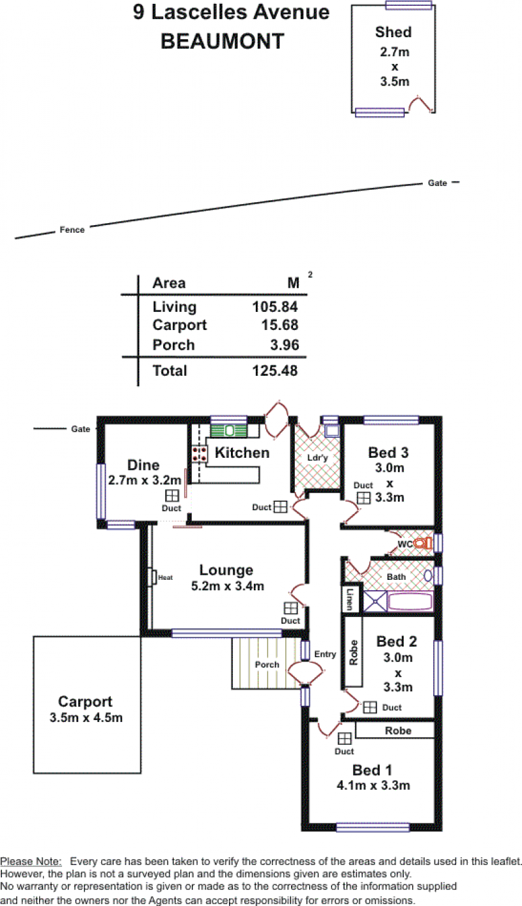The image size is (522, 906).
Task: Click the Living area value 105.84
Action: [275, 307]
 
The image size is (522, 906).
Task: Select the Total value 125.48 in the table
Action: [275, 370]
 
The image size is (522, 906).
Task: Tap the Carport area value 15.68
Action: [280, 325]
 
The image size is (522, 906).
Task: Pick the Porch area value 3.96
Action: [284, 345]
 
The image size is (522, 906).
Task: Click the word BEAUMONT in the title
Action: [223, 41]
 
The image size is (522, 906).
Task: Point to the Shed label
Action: [393, 32]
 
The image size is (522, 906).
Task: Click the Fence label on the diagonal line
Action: [72, 230]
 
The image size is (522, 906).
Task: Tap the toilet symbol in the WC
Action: [423, 543]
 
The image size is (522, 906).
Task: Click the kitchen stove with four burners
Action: [200, 454]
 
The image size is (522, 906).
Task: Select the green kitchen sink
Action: [229, 430]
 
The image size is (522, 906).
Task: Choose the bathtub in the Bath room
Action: [410, 601]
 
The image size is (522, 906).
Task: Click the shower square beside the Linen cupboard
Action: [375, 601]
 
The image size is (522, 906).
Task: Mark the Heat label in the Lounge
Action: [165, 577]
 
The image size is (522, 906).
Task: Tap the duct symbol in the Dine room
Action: [172, 496]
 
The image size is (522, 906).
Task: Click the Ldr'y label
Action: [317, 458]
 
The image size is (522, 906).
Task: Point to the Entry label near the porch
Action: [325, 654]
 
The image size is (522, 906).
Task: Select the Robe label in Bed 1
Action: [398, 731]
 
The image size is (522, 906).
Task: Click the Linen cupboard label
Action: [350, 599]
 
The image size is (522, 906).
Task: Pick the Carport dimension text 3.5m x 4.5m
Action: [85, 717]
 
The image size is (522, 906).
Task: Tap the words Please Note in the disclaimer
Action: [31, 861]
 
